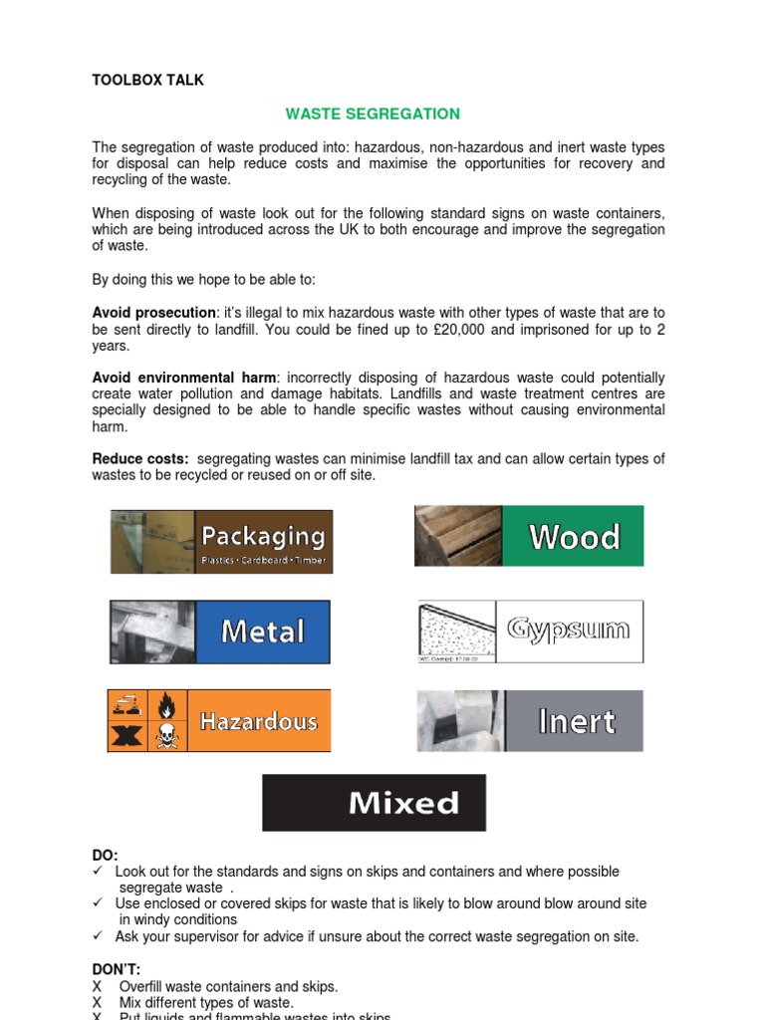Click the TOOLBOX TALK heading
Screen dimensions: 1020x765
(x=147, y=80)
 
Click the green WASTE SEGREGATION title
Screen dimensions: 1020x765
(x=373, y=114)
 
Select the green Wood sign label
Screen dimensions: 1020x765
(x=574, y=537)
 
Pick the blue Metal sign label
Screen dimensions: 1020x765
(x=262, y=632)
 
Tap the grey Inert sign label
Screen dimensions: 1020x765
(x=576, y=721)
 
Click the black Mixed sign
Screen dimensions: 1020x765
(x=374, y=803)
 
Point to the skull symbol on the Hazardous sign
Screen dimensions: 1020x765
(x=164, y=736)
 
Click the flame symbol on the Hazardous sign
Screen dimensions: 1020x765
(x=164, y=705)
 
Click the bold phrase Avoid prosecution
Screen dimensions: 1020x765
(x=153, y=313)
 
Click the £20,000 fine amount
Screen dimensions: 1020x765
(x=457, y=330)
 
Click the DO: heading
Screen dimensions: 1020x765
(x=105, y=856)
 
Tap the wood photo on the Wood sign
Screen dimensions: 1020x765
(x=458, y=536)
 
